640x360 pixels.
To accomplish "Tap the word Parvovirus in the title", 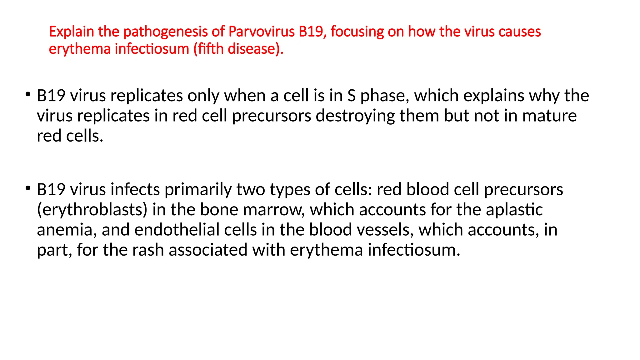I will pos(262,32).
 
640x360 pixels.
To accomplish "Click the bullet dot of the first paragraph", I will pos(28,94).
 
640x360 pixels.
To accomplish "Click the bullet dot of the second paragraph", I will pos(28,188).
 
